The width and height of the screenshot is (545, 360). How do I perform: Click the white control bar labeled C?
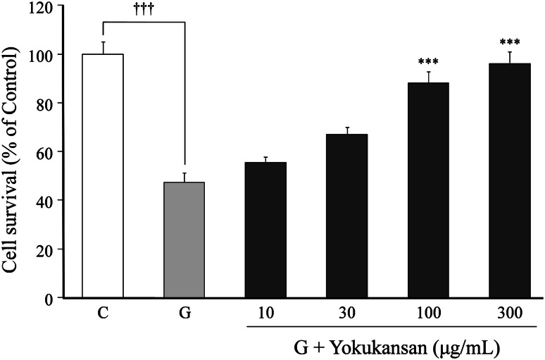tap(103, 176)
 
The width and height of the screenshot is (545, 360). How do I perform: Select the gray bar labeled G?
tap(184, 240)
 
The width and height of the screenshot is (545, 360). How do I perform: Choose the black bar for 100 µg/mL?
tap(428, 190)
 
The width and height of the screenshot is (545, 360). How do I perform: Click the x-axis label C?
tap(103, 312)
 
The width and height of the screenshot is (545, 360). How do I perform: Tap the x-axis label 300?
tap(509, 312)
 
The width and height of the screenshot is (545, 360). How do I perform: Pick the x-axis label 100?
tap(428, 312)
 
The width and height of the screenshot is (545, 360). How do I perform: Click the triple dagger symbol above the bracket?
tap(144, 9)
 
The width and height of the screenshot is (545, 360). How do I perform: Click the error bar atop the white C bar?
tap(103, 47)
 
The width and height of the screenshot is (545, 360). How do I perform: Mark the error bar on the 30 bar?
tap(346, 130)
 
